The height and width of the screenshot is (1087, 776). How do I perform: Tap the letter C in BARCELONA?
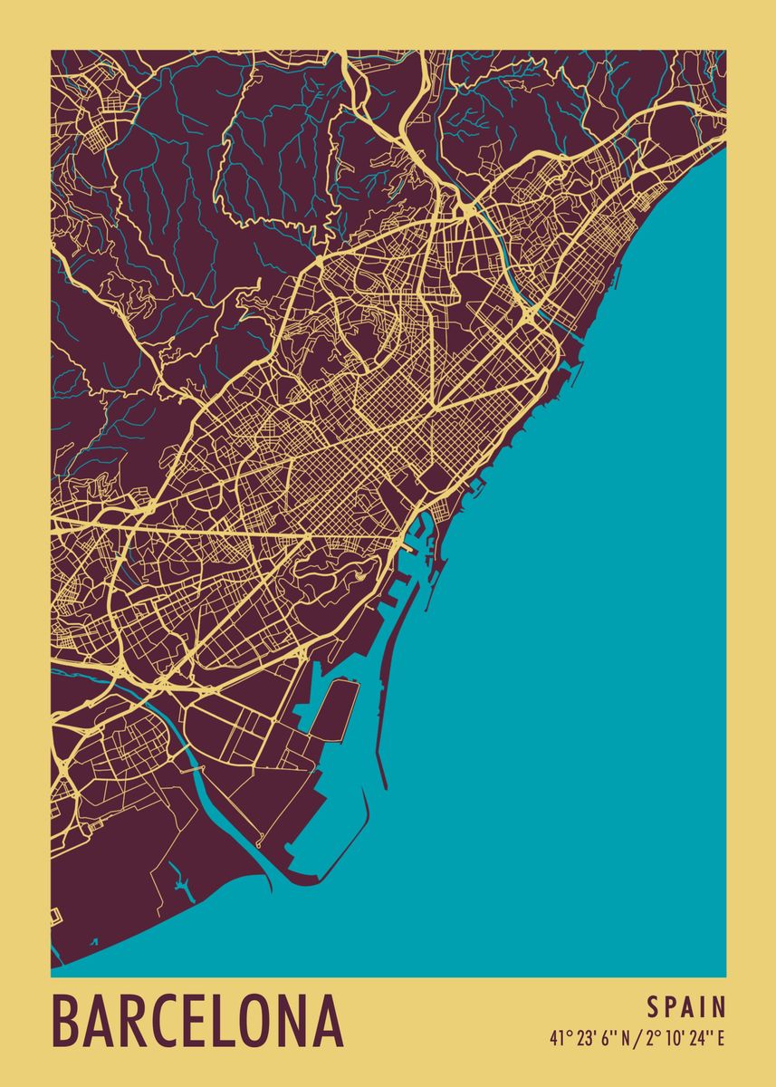(x=177, y=1022)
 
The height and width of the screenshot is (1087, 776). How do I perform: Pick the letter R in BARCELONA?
(x=141, y=1022)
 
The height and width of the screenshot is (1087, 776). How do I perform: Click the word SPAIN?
(x=686, y=1007)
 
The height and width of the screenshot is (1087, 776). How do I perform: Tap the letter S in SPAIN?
(x=652, y=1007)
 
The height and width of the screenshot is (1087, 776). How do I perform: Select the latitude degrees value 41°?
(x=557, y=1039)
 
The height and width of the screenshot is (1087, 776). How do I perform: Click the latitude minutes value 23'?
(x=581, y=1039)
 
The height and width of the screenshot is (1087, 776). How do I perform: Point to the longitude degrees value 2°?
(x=651, y=1039)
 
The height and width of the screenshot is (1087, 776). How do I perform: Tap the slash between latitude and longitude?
(x=638, y=1039)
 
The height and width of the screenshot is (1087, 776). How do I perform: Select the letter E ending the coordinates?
(x=721, y=1039)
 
